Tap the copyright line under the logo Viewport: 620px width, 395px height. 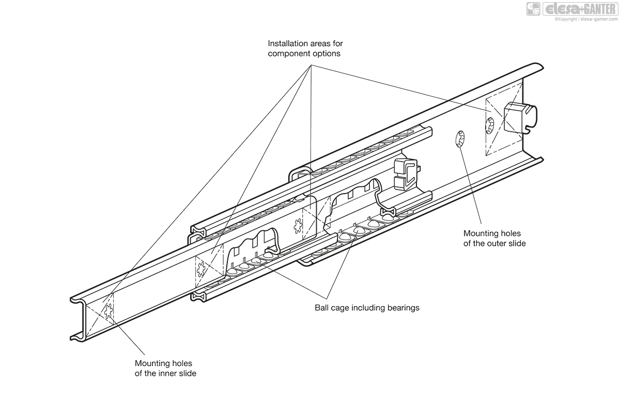pos(586,20)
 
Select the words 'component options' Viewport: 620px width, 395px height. pos(304,54)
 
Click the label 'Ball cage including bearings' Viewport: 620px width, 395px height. pos(367,308)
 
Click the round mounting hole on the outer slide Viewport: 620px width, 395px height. pos(459,139)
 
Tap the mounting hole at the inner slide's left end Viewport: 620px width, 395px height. pos(109,311)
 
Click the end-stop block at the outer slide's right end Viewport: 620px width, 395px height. pos(519,118)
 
